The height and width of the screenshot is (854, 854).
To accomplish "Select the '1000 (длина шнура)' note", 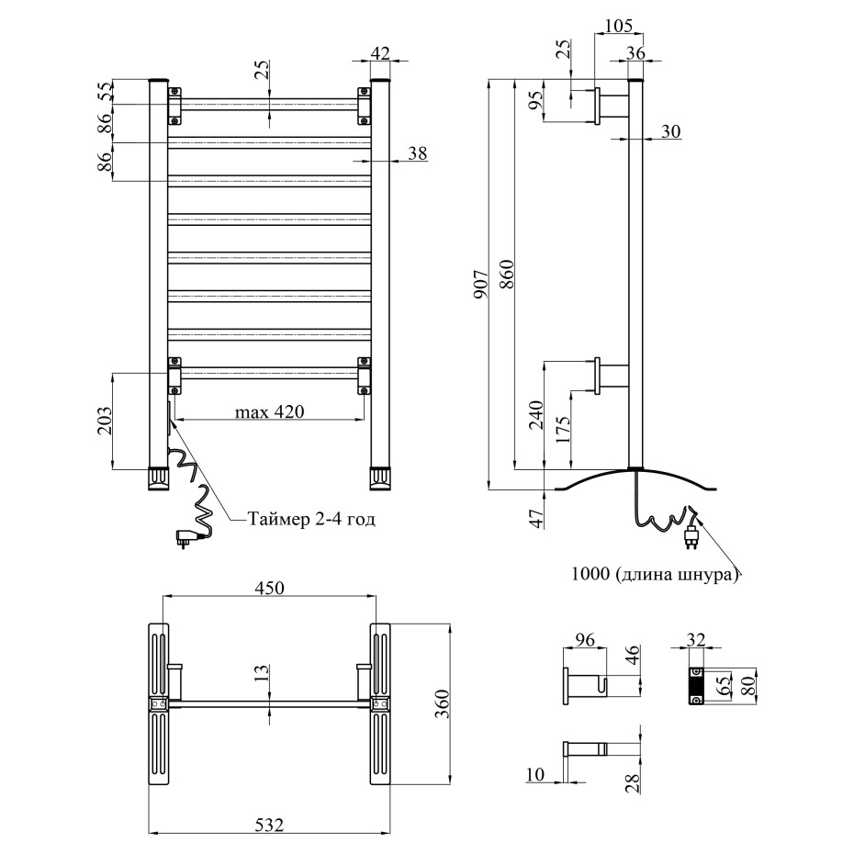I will [655, 575].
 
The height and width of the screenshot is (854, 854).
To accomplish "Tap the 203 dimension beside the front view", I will [104, 421].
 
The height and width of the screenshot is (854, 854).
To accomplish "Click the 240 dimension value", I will [536, 416].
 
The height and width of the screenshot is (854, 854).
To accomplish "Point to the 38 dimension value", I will [417, 153].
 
